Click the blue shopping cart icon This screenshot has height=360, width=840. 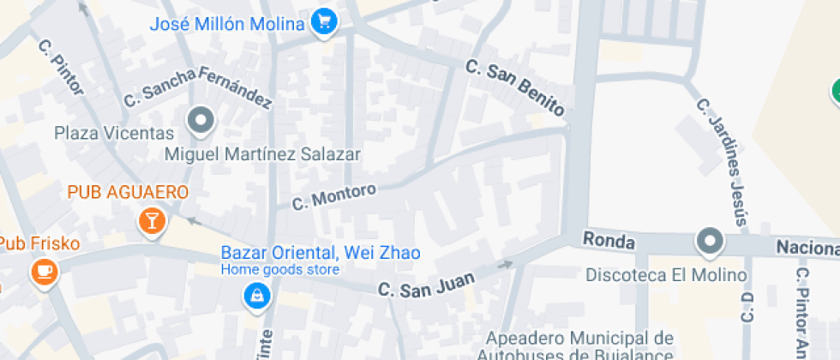(323, 23)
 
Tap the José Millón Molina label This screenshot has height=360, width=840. (227, 24)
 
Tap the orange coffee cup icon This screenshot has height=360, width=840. (41, 273)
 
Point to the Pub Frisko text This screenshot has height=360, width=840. (39, 244)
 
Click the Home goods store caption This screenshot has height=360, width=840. (279, 270)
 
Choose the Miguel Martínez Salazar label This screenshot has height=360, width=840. (262, 154)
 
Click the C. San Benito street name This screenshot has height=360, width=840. (516, 87)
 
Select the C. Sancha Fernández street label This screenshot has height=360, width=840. (198, 88)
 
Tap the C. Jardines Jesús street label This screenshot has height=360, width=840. (724, 162)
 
